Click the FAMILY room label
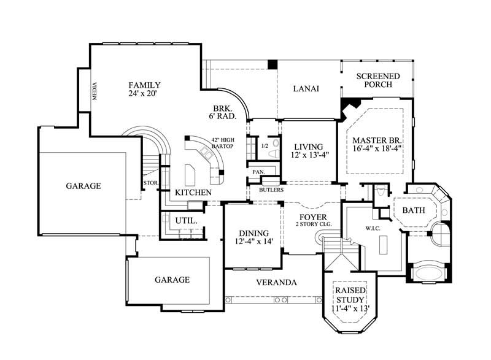145,85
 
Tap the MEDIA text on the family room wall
95,91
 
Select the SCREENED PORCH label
378,80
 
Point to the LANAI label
306,88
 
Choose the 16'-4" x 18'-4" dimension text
377,148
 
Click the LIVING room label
308,147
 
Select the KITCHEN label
193,193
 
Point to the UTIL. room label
186,220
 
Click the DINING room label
253,233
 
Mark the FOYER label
312,218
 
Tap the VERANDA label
276,283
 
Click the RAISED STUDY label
350,295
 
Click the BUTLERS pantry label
271,190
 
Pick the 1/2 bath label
265,146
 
